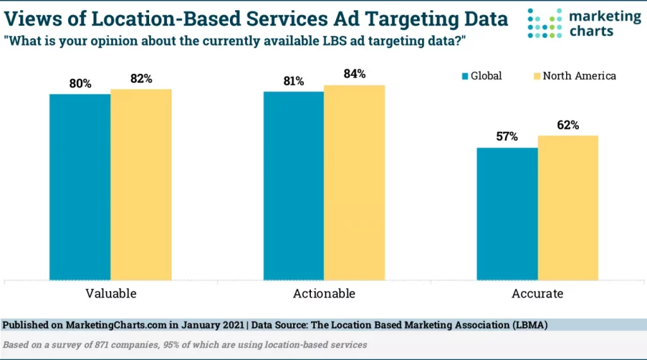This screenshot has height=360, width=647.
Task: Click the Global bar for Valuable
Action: point(80,187)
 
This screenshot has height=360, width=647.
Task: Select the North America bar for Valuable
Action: point(141,184)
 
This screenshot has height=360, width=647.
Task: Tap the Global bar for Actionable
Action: point(294,186)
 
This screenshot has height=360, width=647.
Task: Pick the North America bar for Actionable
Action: point(354,183)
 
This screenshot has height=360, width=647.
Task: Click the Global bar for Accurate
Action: point(507,213)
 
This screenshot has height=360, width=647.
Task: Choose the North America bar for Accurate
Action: point(568,207)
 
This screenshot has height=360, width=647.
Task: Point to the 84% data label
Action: point(355,74)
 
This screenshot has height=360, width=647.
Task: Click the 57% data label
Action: point(507,136)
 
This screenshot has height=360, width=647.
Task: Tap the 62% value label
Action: point(568,125)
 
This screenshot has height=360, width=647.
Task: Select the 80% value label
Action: point(80,83)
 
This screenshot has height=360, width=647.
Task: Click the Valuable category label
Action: point(111,294)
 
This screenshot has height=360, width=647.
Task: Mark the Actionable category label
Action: point(324,294)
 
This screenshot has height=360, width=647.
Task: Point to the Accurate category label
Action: point(538,294)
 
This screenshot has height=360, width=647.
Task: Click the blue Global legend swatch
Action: point(465,76)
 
